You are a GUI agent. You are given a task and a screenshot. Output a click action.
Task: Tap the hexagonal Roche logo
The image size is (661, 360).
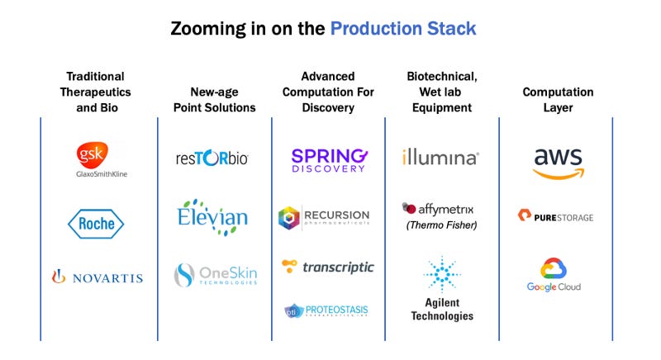(x=96, y=223)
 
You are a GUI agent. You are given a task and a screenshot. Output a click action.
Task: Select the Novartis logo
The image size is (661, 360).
(x=97, y=277)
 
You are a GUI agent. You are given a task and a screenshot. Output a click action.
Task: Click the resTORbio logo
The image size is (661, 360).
(x=212, y=158)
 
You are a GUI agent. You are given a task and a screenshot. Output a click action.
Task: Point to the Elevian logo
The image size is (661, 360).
(x=212, y=217)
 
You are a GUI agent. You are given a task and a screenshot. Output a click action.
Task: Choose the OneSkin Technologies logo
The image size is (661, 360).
(x=216, y=274)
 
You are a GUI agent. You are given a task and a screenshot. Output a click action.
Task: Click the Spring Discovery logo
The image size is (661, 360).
(x=328, y=159)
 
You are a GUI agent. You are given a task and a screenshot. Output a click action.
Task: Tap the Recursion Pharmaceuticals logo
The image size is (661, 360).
(x=324, y=218)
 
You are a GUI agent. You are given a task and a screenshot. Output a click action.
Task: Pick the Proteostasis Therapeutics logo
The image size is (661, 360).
(x=326, y=311)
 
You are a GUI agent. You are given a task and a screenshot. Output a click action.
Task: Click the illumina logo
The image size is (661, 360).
(x=440, y=157)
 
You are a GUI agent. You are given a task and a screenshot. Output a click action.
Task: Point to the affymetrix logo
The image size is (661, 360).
(x=438, y=208)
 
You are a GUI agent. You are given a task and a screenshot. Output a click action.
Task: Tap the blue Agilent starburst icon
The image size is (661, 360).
(x=441, y=274)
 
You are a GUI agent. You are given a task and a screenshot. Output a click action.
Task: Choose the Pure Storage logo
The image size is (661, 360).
(x=555, y=217)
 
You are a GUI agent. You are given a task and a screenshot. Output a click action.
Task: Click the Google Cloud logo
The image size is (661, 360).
(x=554, y=275)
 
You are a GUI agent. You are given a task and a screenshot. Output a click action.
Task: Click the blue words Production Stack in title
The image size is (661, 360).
(x=403, y=29)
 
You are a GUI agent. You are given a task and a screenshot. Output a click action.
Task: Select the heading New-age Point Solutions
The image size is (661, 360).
(x=215, y=99)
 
